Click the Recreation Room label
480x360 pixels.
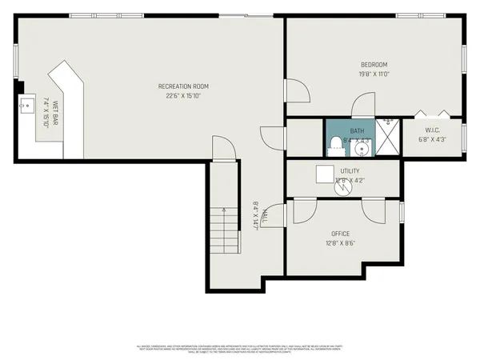[183, 86]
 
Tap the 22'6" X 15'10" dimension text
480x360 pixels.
[183, 96]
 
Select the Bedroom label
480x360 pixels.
[374, 65]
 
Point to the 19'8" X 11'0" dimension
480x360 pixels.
[374, 74]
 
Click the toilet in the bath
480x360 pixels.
[334, 145]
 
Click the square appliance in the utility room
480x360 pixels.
[324, 174]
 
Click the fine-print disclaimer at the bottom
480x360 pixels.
[240, 348]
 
